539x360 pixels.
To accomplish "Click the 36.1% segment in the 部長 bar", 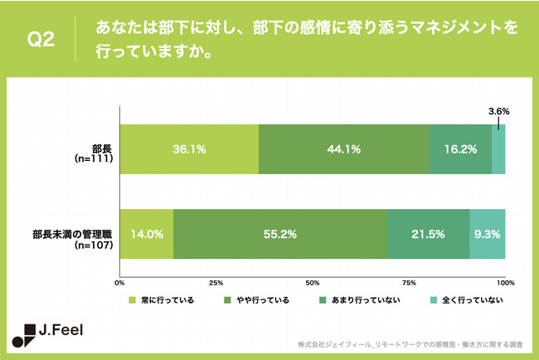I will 189,150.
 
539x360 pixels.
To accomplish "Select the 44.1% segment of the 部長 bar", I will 343,150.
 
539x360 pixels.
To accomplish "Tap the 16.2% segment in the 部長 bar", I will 460,150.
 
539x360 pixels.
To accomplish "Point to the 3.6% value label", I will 498,110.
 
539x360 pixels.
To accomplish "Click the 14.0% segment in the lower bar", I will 147,235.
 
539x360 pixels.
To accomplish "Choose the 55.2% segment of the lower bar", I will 280,235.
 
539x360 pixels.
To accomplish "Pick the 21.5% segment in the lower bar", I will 428,235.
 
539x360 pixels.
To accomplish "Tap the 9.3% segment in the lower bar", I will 488,235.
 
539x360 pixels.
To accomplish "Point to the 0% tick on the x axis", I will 119,283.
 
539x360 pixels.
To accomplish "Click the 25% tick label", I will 216,283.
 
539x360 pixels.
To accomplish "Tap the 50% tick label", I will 313,283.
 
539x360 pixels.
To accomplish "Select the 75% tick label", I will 409,283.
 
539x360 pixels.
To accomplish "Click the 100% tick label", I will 505,283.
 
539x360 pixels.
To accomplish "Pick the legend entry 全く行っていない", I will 469,299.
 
